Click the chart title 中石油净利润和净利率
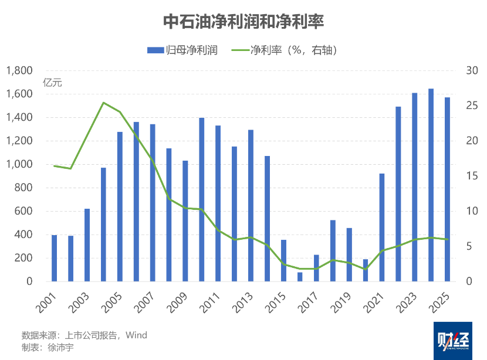point(243,22)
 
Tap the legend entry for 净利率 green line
point(293,50)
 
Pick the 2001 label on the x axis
point(51,303)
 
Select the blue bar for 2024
point(431,185)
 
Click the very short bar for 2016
point(300,277)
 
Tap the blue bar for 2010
point(202,199)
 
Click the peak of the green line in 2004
point(103,103)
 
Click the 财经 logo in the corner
point(453,341)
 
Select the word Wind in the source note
point(136,336)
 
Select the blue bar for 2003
point(87,244)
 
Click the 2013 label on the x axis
point(248,303)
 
